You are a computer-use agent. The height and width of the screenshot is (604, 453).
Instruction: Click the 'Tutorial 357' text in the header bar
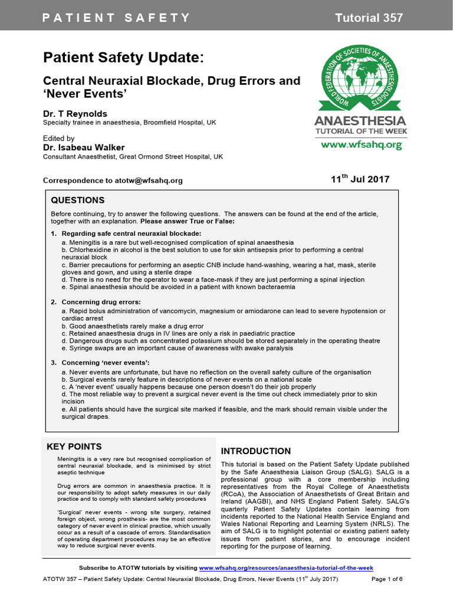coord(369,18)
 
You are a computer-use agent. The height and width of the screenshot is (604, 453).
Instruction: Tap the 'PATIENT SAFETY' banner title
coord(116,18)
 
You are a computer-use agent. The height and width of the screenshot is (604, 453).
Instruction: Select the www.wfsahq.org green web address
coord(361,145)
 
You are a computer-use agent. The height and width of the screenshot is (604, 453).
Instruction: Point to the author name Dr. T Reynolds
coord(75,113)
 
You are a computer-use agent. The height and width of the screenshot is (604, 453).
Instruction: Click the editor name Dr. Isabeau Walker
coord(84,147)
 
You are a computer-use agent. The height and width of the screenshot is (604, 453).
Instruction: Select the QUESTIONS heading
coord(77,201)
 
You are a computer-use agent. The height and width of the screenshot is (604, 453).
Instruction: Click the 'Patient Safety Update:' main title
coord(124,58)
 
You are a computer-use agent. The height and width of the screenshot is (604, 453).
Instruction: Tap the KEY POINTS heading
coord(74,447)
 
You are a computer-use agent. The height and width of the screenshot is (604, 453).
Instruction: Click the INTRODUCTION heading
coord(255,451)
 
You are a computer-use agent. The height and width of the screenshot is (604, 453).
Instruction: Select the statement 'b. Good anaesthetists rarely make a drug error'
coord(133,326)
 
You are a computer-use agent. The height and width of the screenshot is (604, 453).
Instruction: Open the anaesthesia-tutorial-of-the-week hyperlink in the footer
coord(286,567)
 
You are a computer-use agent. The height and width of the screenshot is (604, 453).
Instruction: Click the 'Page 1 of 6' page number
coord(387,579)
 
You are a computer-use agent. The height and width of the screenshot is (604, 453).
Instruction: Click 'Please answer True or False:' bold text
coord(187,221)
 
